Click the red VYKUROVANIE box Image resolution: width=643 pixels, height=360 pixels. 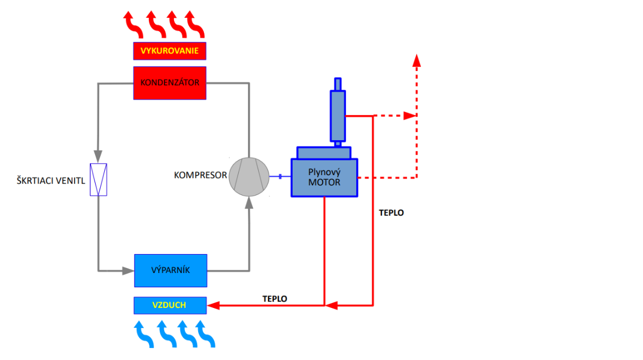click(x=169, y=51)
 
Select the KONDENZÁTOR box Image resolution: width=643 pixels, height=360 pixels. click(x=169, y=83)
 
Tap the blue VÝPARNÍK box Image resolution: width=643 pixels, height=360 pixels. click(x=170, y=270)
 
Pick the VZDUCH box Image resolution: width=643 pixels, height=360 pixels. click(x=170, y=306)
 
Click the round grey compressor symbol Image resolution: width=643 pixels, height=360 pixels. click(x=249, y=176)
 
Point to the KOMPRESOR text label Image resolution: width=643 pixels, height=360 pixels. click(x=200, y=175)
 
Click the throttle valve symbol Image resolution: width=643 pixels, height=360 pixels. click(x=98, y=180)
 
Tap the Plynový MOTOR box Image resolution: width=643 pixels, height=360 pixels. click(x=325, y=177)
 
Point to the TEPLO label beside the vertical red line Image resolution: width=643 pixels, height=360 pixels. click(x=392, y=212)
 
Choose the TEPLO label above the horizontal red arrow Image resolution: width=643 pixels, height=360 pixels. click(x=275, y=299)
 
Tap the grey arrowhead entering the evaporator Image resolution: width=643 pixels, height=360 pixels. click(x=128, y=270)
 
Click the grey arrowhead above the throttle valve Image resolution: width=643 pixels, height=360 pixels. click(x=98, y=156)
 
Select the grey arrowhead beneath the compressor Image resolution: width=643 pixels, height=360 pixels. click(x=249, y=204)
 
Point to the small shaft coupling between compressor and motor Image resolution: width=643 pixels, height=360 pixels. click(x=280, y=176)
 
